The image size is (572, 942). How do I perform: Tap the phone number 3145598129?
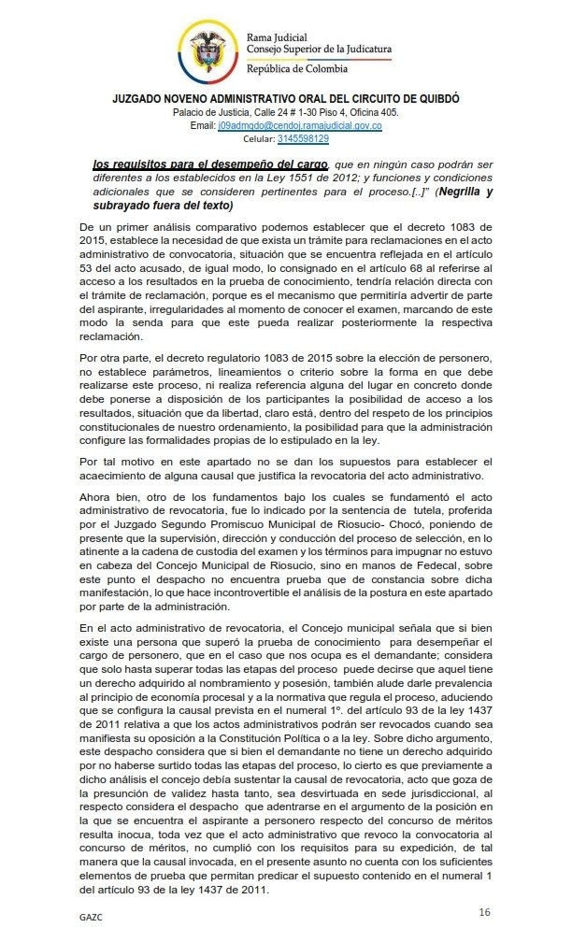click(x=303, y=138)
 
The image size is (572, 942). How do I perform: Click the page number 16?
click(x=484, y=911)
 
